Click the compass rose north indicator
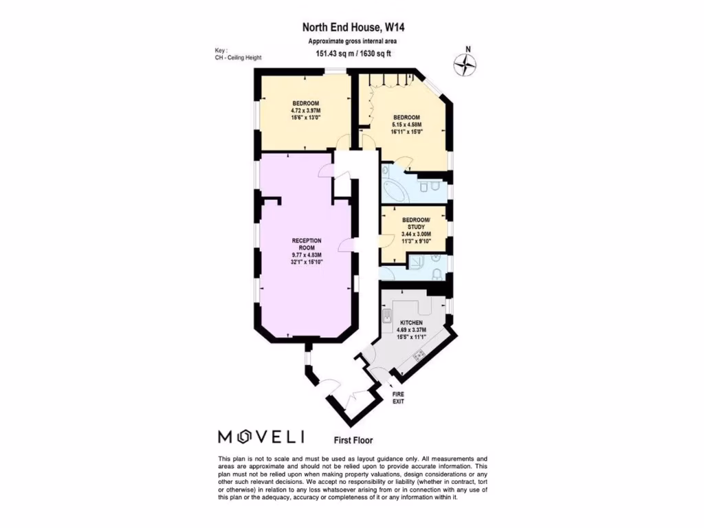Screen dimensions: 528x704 click(x=466, y=65)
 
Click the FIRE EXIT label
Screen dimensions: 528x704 click(x=398, y=397)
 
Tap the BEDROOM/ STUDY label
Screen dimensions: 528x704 click(x=416, y=223)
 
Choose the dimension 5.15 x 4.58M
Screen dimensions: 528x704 click(x=407, y=124)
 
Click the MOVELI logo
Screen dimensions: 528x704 click(x=261, y=437)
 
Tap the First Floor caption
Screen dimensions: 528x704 click(x=353, y=440)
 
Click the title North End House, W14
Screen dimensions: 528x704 click(x=349, y=28)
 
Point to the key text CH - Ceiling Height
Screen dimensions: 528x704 click(x=238, y=58)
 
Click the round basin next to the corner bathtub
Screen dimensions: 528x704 click(x=386, y=171)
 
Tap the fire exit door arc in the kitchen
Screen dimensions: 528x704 click(x=380, y=375)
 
